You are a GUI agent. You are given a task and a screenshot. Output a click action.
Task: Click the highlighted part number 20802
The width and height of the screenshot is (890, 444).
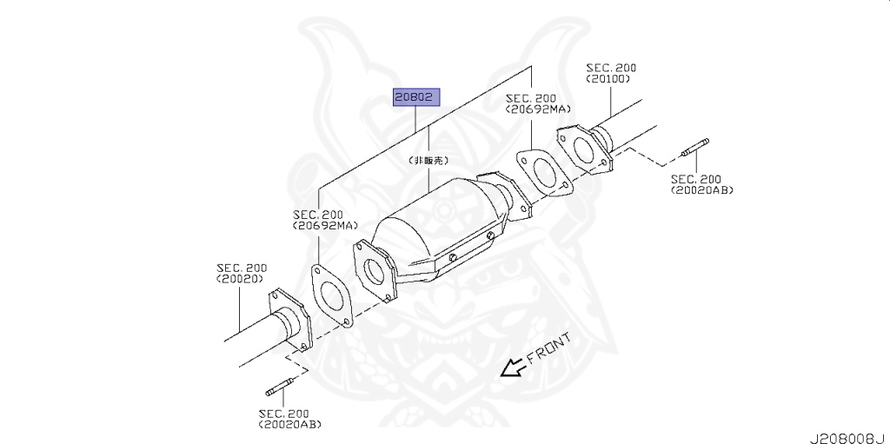click(415, 97)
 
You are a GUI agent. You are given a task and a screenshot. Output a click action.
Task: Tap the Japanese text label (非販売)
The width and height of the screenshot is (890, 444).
click(428, 162)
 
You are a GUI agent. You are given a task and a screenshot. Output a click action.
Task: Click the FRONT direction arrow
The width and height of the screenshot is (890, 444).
click(513, 368)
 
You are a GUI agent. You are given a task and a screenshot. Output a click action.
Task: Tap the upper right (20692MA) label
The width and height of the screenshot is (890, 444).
click(538, 110)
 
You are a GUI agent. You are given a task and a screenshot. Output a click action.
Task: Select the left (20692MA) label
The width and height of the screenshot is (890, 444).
click(325, 226)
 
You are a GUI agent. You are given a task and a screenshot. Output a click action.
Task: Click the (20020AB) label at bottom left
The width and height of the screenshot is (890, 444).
click(289, 424)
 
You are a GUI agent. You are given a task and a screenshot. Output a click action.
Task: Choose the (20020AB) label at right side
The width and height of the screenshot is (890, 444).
click(702, 189)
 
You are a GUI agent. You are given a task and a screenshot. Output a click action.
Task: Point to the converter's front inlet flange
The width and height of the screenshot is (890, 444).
click(375, 272)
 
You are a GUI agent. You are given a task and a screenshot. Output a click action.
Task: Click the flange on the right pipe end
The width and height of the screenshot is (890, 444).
click(581, 149)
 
